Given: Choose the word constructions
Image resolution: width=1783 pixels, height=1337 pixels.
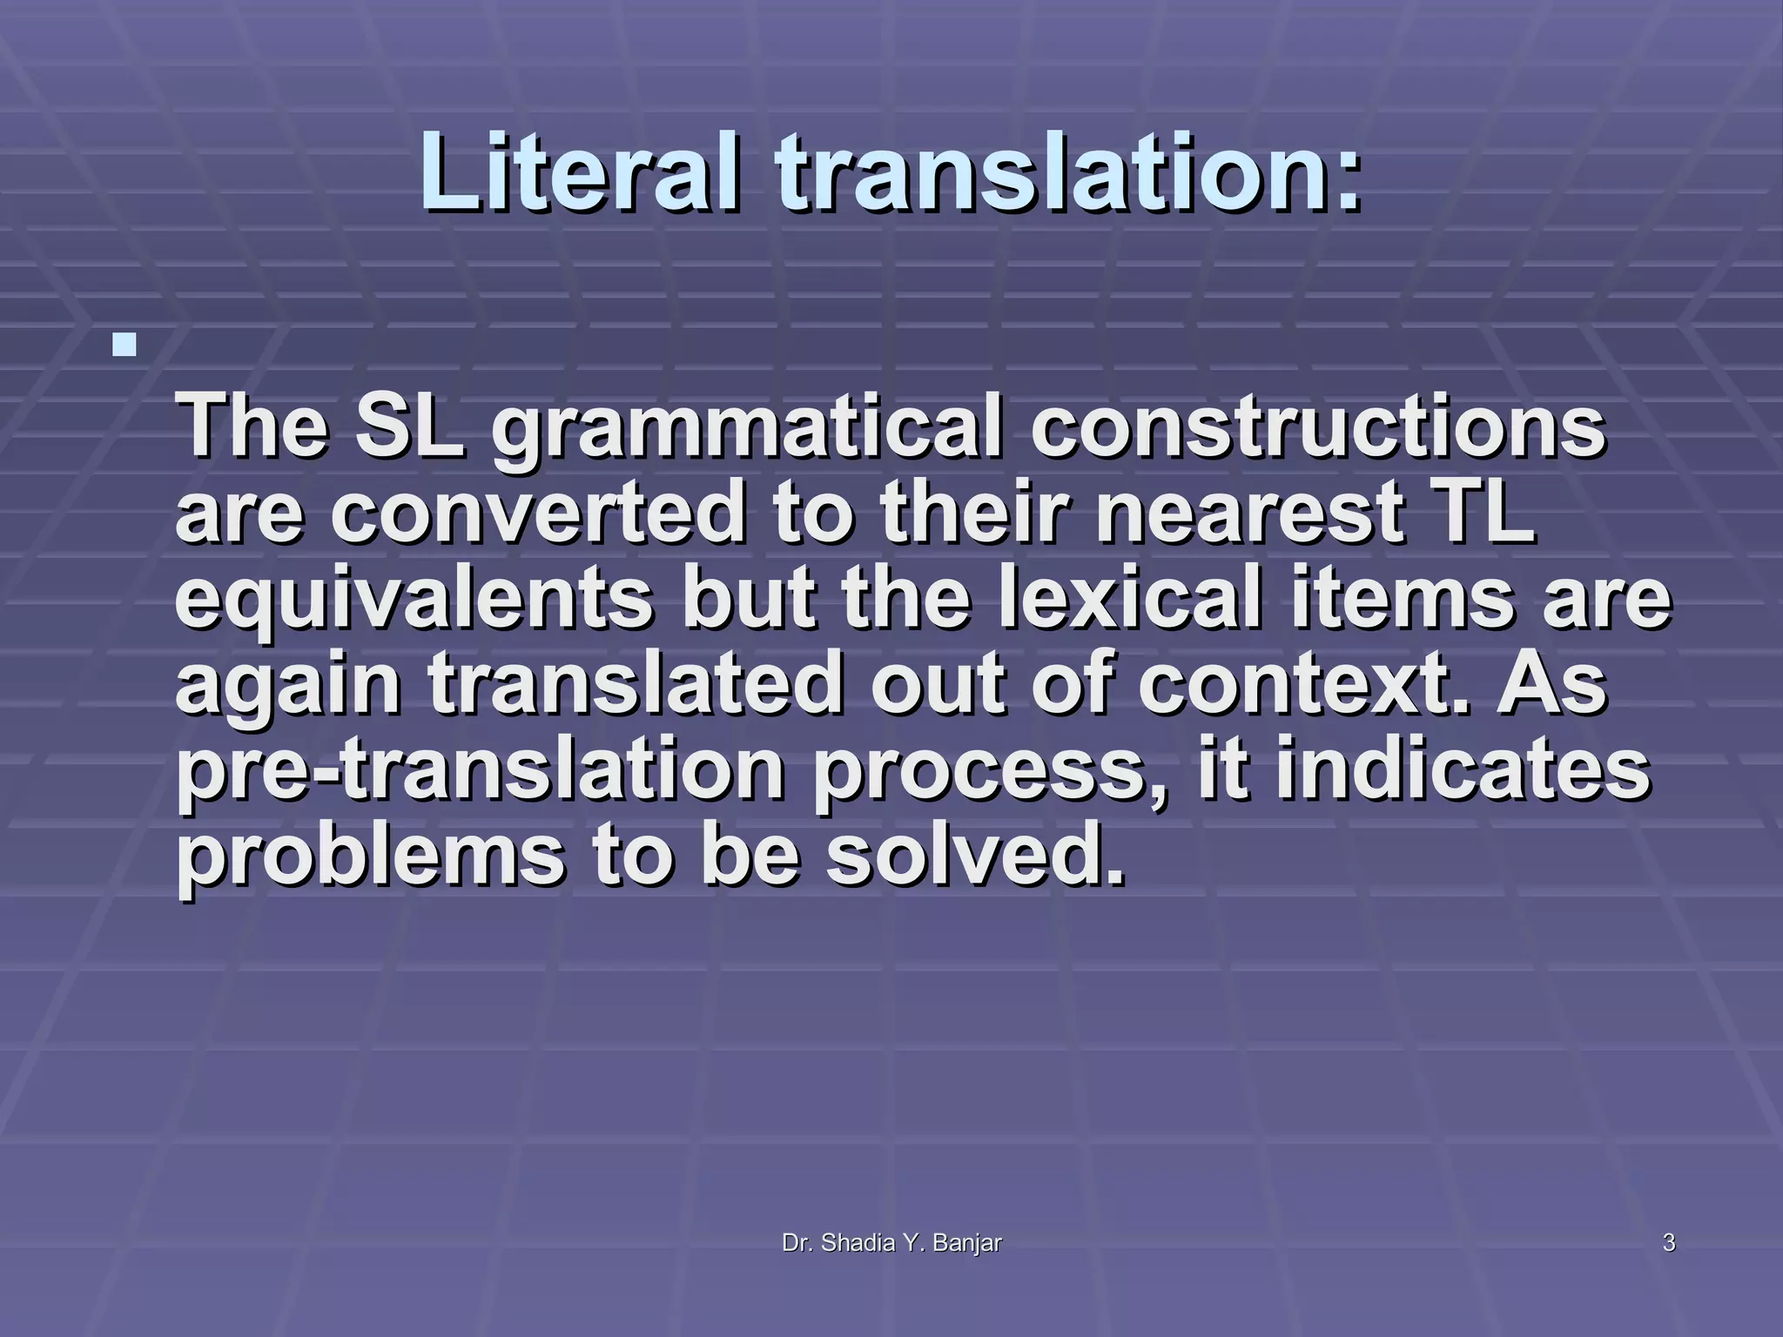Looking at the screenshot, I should point(1318,427).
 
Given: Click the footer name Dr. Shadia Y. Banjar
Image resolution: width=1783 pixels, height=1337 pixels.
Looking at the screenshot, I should point(891,1244).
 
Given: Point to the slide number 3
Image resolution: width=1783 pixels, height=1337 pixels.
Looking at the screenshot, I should point(1669,1244).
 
